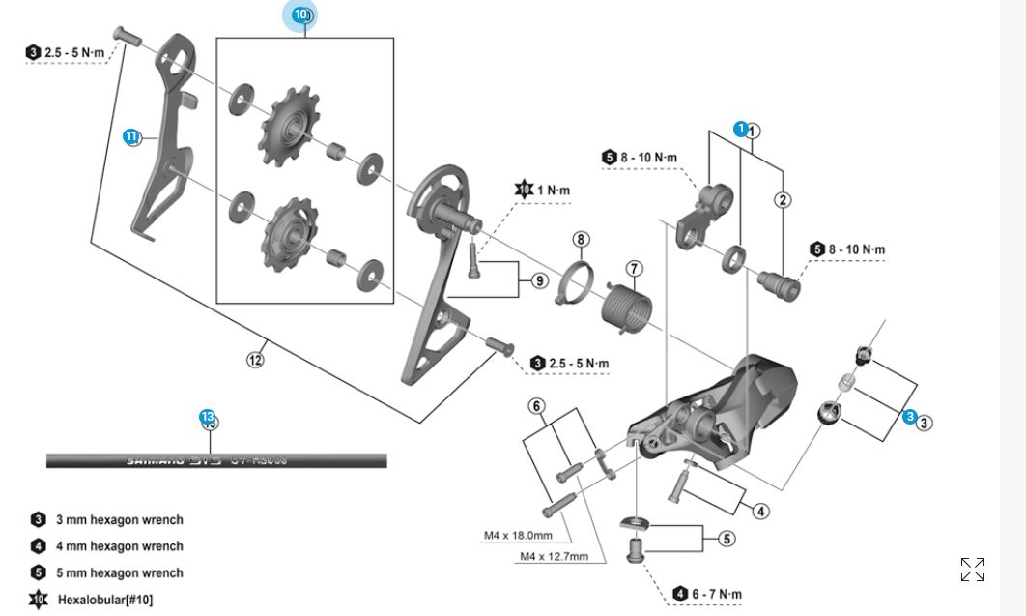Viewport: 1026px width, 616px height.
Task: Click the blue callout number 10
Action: pyautogui.click(x=300, y=15)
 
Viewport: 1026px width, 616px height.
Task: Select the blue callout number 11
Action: pyautogui.click(x=131, y=136)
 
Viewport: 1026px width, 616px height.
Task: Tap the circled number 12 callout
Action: pyautogui.click(x=255, y=360)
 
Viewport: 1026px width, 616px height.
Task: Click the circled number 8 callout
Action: pyautogui.click(x=580, y=239)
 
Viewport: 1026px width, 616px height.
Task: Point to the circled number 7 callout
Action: pyautogui.click(x=634, y=268)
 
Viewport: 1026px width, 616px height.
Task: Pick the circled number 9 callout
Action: pyautogui.click(x=539, y=280)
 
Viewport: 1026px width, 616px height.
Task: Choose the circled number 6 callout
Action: pyautogui.click(x=537, y=406)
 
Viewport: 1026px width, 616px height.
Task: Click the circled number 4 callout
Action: pyautogui.click(x=761, y=511)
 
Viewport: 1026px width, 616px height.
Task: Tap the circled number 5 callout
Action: pyautogui.click(x=726, y=539)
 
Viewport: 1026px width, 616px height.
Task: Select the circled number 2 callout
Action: pyautogui.click(x=783, y=200)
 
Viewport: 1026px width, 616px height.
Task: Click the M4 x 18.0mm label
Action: pyautogui.click(x=518, y=536)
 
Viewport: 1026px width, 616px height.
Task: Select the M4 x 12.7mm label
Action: pyautogui.click(x=556, y=556)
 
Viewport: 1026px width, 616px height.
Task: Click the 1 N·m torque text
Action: pyautogui.click(x=554, y=190)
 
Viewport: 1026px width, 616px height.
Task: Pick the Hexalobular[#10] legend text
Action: pyautogui.click(x=104, y=600)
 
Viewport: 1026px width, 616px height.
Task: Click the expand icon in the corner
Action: pyautogui.click(x=973, y=570)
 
